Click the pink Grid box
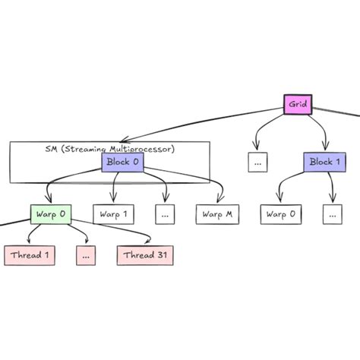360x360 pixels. [298, 104]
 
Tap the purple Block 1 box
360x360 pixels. [325, 162]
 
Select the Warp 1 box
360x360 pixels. [112, 214]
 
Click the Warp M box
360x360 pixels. [216, 214]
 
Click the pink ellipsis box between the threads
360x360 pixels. [86, 255]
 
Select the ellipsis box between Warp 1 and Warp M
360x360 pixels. [164, 214]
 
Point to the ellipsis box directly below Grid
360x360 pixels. [257, 162]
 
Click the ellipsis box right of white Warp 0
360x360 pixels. [332, 214]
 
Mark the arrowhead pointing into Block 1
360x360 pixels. [327, 149]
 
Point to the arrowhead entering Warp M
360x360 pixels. [221, 201]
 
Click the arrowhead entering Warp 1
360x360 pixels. [113, 201]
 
